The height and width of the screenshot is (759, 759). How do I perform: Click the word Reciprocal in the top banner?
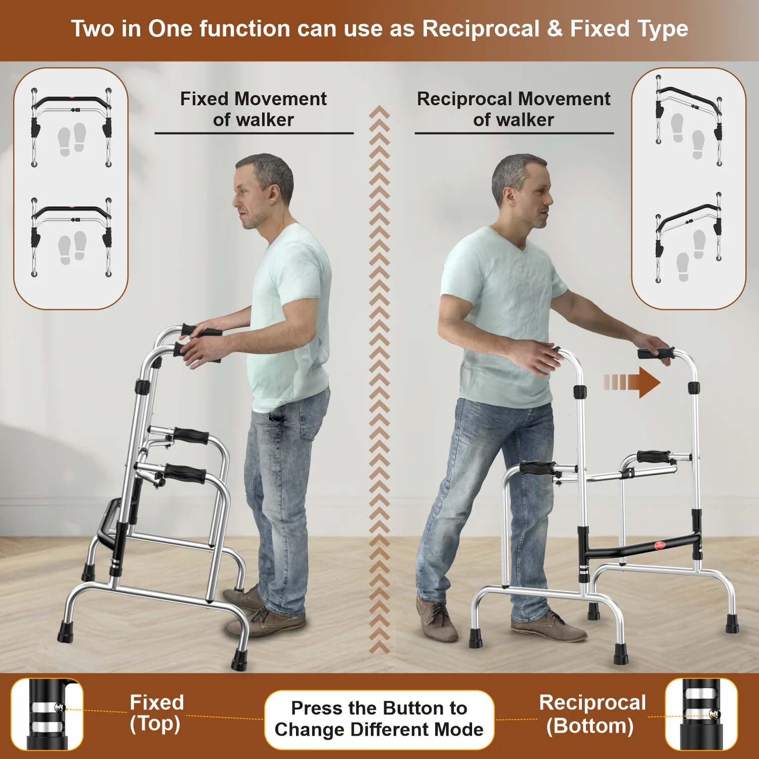coord(481,29)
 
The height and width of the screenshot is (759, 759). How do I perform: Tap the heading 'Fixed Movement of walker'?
coord(254,109)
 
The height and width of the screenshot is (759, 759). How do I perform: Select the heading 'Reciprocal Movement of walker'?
coord(514,109)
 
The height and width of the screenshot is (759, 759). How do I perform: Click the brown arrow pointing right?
coord(632,382)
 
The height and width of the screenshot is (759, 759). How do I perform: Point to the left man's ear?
coord(274,193)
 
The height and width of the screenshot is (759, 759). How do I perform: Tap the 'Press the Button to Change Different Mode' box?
coord(379,719)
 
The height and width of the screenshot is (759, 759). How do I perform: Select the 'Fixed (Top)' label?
coord(156,713)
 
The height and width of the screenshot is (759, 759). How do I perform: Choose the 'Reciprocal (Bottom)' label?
coord(592,714)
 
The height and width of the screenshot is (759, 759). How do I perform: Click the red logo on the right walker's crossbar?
coord(660,545)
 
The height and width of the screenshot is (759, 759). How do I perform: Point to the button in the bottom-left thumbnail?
coord(61,707)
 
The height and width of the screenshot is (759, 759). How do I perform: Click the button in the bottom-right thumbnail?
coord(715,714)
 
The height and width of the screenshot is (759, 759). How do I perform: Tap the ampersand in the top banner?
coord(555,29)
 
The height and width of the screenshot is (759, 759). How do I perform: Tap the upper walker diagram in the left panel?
coord(71,128)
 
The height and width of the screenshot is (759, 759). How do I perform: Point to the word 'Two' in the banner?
coord(93,29)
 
